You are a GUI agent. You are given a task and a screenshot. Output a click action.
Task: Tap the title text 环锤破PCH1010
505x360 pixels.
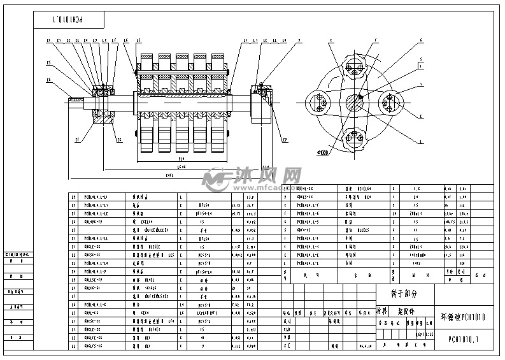[463, 316]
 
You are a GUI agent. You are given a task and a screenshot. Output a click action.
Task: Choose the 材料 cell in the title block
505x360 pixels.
[381, 312]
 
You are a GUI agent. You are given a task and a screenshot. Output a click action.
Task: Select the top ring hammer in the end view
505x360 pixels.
[355, 68]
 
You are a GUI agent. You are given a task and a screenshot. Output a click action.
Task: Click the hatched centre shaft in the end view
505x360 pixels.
[355, 103]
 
